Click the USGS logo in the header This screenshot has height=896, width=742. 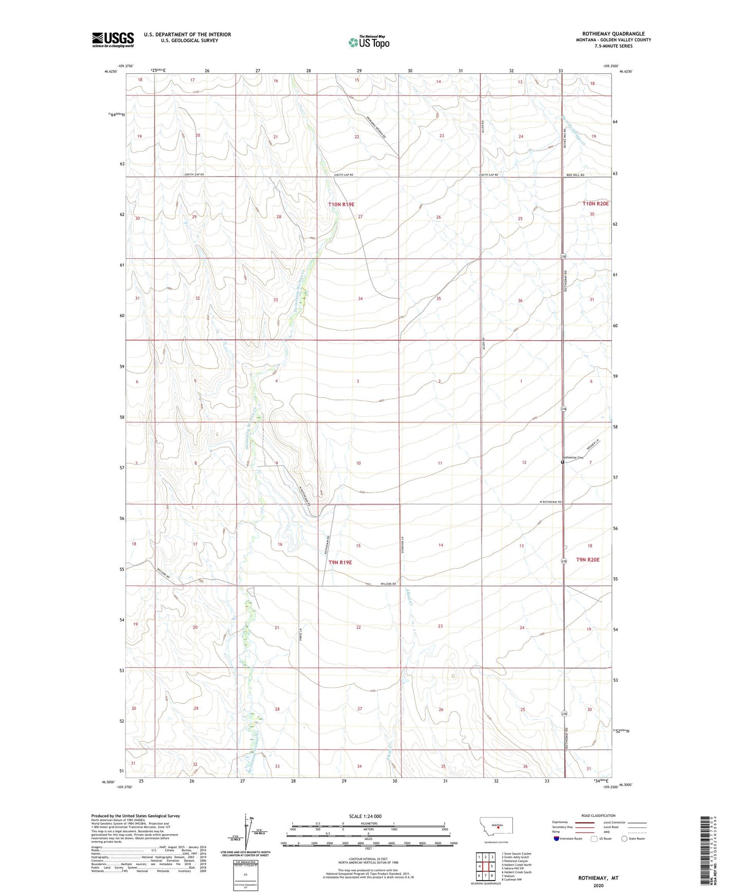[x=113, y=40]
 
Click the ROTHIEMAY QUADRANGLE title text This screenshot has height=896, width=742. [x=613, y=34]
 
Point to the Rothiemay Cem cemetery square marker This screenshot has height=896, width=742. [x=562, y=462]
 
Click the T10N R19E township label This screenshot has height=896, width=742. [x=341, y=204]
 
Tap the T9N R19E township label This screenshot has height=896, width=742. [x=340, y=562]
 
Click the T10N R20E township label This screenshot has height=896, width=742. [x=595, y=204]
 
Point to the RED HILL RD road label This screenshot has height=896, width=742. [x=575, y=175]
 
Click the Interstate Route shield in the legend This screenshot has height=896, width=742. [x=557, y=839]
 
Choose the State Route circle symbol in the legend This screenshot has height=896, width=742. [x=624, y=839]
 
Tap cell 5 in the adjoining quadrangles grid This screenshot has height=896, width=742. [x=492, y=866]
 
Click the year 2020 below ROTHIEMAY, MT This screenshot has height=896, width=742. [x=598, y=885]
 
